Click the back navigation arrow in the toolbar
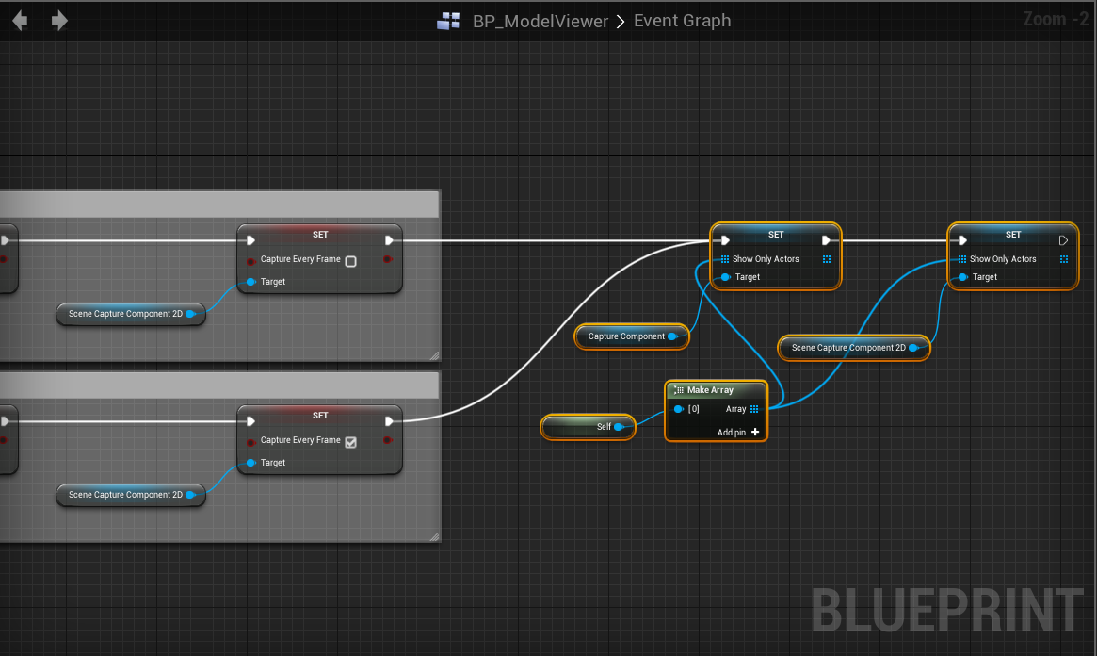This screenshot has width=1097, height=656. coord(19,20)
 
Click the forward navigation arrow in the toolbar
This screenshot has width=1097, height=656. coord(59,20)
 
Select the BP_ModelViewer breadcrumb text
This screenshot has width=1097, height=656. coord(540,21)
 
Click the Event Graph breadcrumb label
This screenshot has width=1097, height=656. coord(682,21)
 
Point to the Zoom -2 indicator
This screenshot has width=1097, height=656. coord(1056,19)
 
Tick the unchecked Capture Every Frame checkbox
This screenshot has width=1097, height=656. coord(350,261)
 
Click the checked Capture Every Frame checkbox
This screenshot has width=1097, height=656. coord(350,442)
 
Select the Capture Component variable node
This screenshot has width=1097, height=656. coord(626,336)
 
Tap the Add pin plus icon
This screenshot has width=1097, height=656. coord(755,433)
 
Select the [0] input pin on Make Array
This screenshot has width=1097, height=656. coord(678,409)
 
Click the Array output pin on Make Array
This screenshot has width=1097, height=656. coord(754,409)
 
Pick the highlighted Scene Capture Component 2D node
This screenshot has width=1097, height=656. coord(847,348)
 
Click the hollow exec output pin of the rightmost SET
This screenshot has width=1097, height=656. coord(1063,240)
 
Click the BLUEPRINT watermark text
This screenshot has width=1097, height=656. coord(946,610)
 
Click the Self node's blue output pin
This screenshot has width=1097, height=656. coord(619,427)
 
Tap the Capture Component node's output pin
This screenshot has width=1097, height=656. coord(672,336)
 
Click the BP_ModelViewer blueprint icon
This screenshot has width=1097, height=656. coord(448,21)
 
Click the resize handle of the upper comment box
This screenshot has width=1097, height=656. coord(434,355)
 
